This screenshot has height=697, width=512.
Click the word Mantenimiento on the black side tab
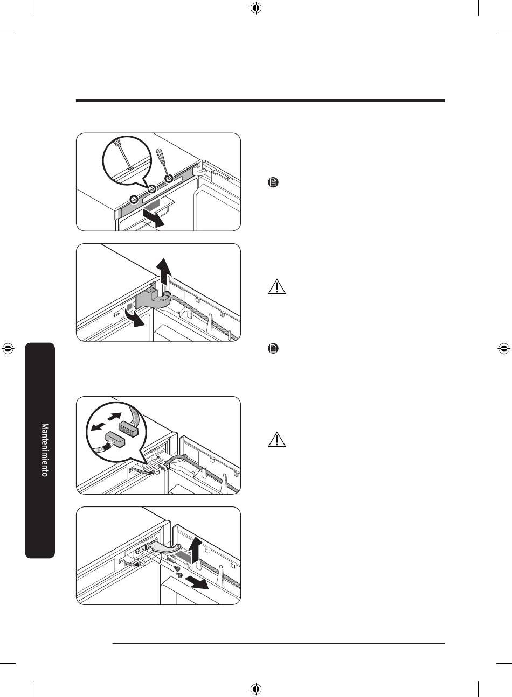click(x=45, y=449)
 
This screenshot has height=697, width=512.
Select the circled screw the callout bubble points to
click(x=152, y=188)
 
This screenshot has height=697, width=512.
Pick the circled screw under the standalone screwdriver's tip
click(x=169, y=179)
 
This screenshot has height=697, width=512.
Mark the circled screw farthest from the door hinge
click(x=133, y=199)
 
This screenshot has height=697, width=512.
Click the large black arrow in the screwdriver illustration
click(x=153, y=217)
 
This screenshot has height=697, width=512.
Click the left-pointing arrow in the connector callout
click(x=97, y=427)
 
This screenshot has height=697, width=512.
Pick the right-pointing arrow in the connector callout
click(x=114, y=416)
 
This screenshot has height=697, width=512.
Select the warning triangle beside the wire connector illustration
click(x=276, y=440)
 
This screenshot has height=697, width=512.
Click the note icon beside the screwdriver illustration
click(x=273, y=182)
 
